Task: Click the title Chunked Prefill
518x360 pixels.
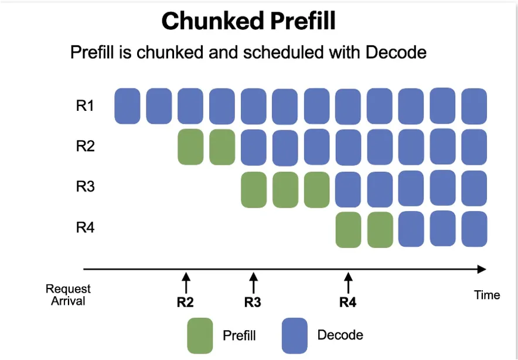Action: click(248, 21)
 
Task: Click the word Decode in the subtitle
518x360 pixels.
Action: click(396, 52)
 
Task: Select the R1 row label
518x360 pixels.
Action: click(85, 106)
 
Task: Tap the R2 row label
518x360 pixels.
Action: click(85, 146)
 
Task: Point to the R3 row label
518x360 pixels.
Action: click(85, 187)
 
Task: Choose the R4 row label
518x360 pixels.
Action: click(85, 227)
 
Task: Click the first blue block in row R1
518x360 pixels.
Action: click(127, 106)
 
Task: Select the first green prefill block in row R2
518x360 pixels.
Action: click(190, 147)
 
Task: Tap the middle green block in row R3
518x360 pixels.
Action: click(285, 190)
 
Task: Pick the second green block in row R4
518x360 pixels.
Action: click(380, 230)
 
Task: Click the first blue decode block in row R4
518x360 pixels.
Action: click(411, 229)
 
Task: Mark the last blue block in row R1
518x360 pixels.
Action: click(474, 106)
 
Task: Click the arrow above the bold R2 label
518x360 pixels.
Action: click(186, 283)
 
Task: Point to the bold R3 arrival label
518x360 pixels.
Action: click(253, 302)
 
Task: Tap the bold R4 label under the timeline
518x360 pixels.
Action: click(348, 302)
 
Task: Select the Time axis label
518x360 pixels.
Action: click(487, 294)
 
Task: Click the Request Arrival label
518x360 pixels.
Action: click(68, 294)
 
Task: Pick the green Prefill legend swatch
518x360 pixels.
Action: click(200, 335)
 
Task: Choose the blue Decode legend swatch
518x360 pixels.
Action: click(294, 335)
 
